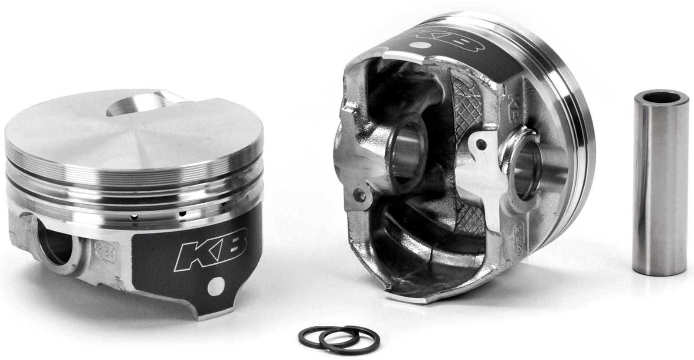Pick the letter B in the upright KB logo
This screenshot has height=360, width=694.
230,247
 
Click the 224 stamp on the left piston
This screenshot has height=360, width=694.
101,249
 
